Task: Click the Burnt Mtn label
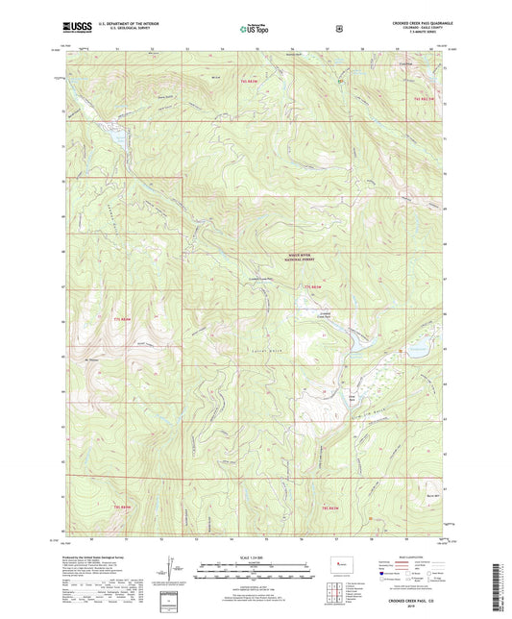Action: tap(430, 496)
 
